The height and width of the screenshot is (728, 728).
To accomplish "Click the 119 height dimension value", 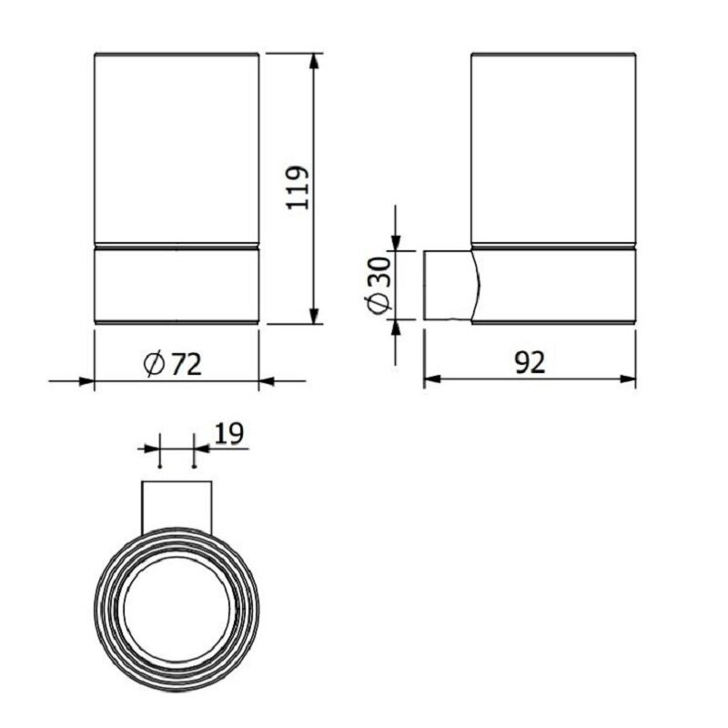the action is click(x=298, y=187).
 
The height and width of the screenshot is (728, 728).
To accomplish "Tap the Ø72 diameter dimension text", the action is click(x=173, y=364).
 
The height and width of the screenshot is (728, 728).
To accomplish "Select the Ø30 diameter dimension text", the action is click(x=379, y=285).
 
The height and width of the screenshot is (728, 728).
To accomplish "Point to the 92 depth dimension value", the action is click(x=530, y=362).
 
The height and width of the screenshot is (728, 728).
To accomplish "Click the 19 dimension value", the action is click(x=228, y=434).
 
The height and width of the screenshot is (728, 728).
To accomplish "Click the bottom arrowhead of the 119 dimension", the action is click(x=315, y=315).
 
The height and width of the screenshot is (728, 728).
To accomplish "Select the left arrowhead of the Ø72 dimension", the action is click(x=86, y=381).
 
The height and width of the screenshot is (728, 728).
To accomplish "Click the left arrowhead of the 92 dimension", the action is click(x=432, y=379).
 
